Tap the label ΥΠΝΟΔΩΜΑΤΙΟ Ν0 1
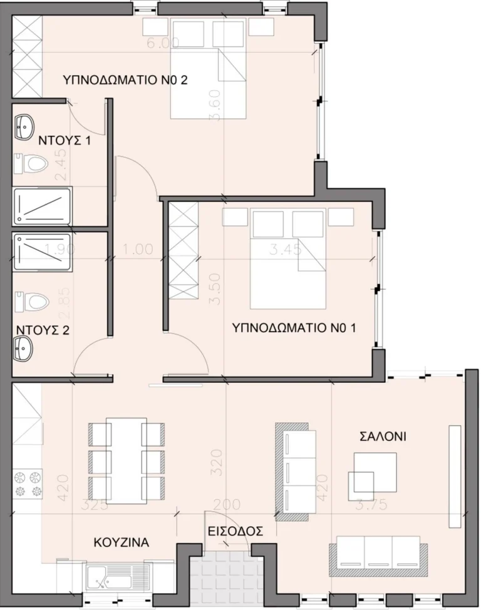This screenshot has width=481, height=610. [x=294, y=327]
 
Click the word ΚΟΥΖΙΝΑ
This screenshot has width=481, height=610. [x=122, y=542]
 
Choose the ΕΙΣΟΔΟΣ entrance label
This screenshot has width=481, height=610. [x=235, y=531]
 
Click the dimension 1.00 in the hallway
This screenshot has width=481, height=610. [x=138, y=248]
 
